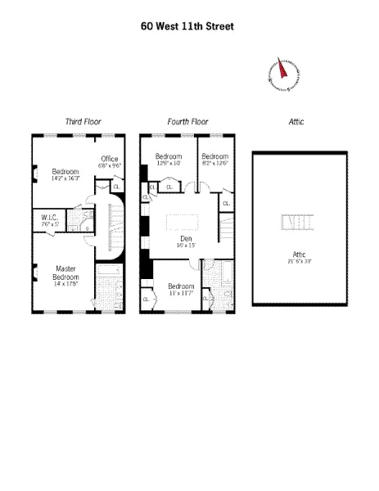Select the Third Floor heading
pyautogui.click(x=83, y=122)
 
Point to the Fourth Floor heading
pyautogui.click(x=187, y=122)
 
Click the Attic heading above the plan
pyautogui.click(x=296, y=122)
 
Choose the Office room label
pyautogui.click(x=111, y=159)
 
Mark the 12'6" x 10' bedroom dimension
pyautogui.click(x=168, y=162)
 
